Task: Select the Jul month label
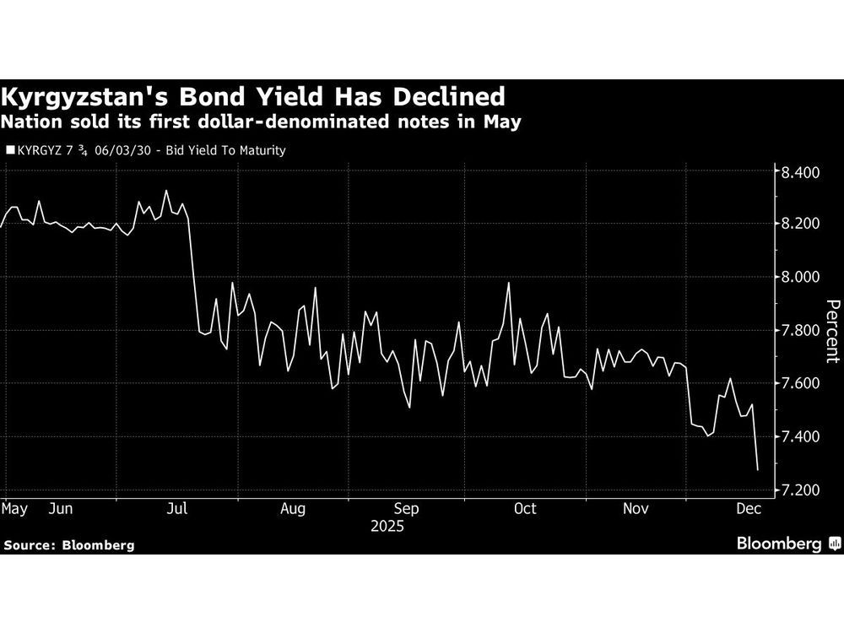[x=178, y=509]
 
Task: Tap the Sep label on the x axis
[x=407, y=509]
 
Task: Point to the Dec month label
[x=748, y=509]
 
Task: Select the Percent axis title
[x=831, y=331]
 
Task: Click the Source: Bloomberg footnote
[x=69, y=545]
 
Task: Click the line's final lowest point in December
[x=757, y=469]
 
